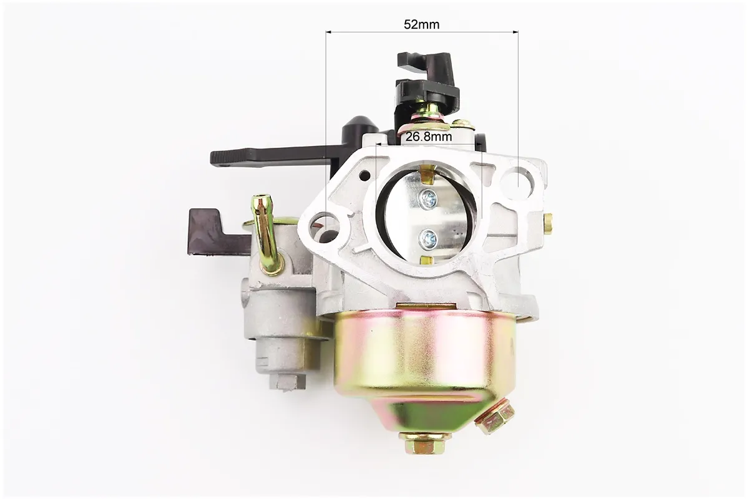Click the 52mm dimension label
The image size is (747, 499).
[422, 24]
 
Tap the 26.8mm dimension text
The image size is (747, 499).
[428, 137]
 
